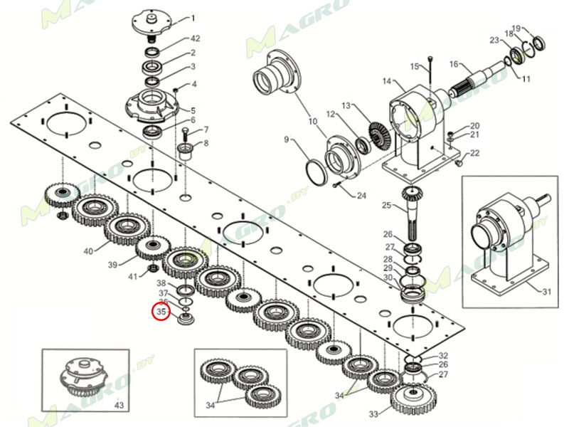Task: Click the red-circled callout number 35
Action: pos(161,312)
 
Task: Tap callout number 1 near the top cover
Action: pos(193,18)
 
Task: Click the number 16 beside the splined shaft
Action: pos(453,65)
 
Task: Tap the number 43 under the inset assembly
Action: pos(119,405)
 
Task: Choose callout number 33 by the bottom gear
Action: pos(373,413)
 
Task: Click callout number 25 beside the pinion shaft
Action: pos(387,206)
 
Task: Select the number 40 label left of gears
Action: pos(88,251)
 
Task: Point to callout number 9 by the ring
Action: pos(287,139)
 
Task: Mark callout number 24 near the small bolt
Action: pos(361,196)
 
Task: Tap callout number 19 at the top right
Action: pos(516,28)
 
